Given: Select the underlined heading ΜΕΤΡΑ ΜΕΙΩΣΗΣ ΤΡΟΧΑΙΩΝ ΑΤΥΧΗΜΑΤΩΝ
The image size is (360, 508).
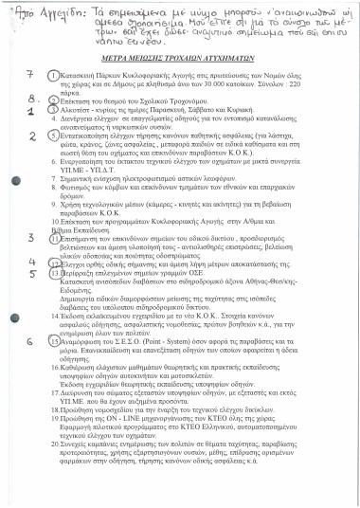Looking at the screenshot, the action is pyautogui.click(x=179, y=59).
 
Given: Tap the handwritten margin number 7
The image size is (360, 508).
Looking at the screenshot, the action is pyautogui.click(x=30, y=73).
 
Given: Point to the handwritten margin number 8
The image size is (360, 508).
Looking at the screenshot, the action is pyautogui.click(x=32, y=95).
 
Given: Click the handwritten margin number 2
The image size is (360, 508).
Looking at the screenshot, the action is pyautogui.click(x=31, y=136).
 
